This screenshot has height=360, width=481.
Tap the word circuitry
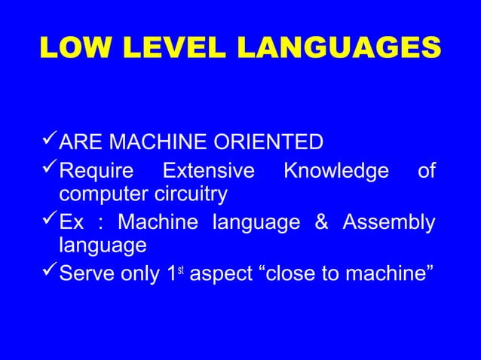191,195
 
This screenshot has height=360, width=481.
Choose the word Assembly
389,224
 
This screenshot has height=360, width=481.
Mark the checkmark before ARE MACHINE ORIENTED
48,142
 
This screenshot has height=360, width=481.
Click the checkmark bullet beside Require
48,172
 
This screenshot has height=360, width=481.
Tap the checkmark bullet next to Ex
48,223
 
